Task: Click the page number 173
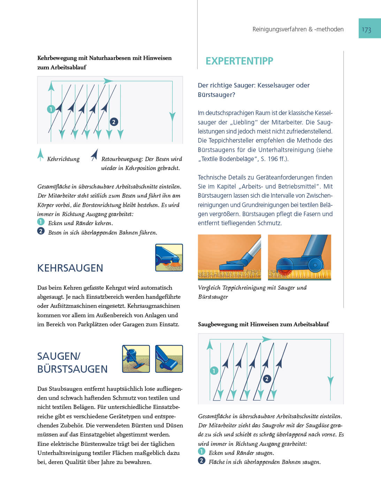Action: [x=366, y=30]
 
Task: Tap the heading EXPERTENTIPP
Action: [x=239, y=61]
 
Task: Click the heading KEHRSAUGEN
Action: [x=70, y=268]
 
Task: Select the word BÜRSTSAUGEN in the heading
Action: [x=72, y=369]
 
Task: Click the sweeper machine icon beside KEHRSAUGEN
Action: [x=169, y=258]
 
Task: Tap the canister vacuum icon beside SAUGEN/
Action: [x=136, y=359]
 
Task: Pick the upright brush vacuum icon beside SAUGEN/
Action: [x=169, y=359]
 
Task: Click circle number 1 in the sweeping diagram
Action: [x=51, y=109]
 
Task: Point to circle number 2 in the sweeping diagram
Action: [x=114, y=122]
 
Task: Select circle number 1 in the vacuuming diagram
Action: [x=214, y=371]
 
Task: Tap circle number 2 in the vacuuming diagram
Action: [x=267, y=379]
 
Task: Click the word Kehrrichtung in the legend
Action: [x=63, y=159]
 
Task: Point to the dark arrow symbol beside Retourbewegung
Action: [x=94, y=155]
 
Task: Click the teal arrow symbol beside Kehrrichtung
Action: [x=41, y=154]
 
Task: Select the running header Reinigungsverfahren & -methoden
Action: [x=298, y=29]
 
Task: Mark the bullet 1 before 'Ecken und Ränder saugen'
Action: [x=201, y=451]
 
